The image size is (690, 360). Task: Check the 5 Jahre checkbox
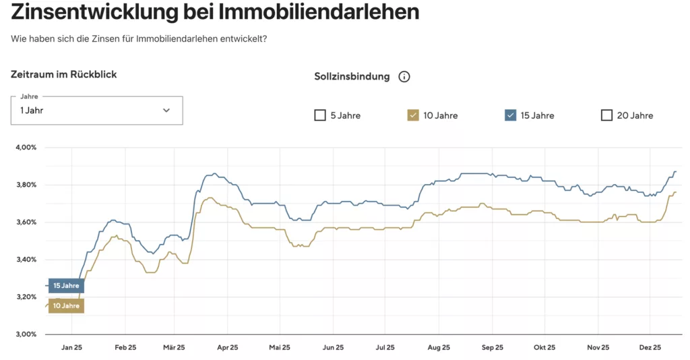[320, 115]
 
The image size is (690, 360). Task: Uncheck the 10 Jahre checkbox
[414, 115]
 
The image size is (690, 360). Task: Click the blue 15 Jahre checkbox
[510, 115]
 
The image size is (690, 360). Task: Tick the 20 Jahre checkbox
[606, 115]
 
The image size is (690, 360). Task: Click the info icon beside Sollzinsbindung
[404, 77]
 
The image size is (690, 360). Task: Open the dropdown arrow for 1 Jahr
[166, 111]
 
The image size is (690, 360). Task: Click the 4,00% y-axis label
[26, 147]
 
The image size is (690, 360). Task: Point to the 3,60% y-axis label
[26, 222]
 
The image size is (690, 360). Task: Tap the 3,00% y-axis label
[26, 334]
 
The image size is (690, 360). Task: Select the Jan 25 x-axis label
[71, 348]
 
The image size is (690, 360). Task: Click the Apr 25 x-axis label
[228, 348]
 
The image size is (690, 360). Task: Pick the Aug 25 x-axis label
[439, 348]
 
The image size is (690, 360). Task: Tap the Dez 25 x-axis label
[650, 348]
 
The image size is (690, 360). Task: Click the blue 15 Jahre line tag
[66, 286]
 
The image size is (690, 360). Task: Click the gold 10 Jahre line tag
[66, 306]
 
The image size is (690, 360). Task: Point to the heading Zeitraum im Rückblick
[64, 74]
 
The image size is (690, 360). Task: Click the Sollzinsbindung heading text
[352, 77]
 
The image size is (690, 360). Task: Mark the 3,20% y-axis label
[26, 297]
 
